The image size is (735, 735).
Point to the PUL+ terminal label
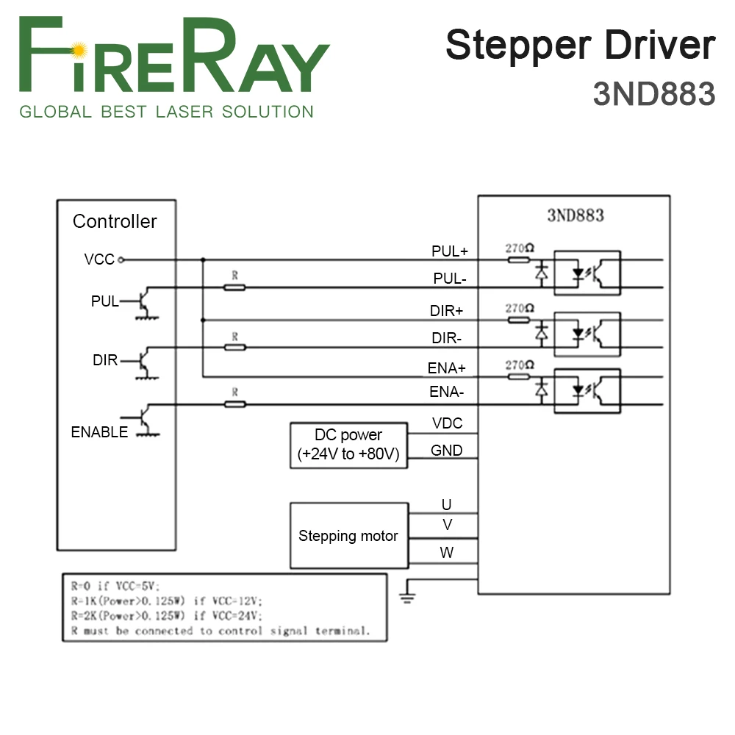point(449,251)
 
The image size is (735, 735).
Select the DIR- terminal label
point(447,339)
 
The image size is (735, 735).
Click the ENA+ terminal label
point(447,367)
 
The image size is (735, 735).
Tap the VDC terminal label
point(447,423)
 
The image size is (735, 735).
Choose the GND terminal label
point(447,451)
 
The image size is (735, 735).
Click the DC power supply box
point(348,445)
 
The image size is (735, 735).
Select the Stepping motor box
point(348,536)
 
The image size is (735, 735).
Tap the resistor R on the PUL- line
point(234,287)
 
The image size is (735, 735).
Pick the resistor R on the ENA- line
point(234,404)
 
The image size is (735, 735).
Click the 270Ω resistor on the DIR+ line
point(519,320)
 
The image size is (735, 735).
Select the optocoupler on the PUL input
point(587,273)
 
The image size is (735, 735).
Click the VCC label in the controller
point(99,259)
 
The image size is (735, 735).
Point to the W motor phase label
point(447,553)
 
